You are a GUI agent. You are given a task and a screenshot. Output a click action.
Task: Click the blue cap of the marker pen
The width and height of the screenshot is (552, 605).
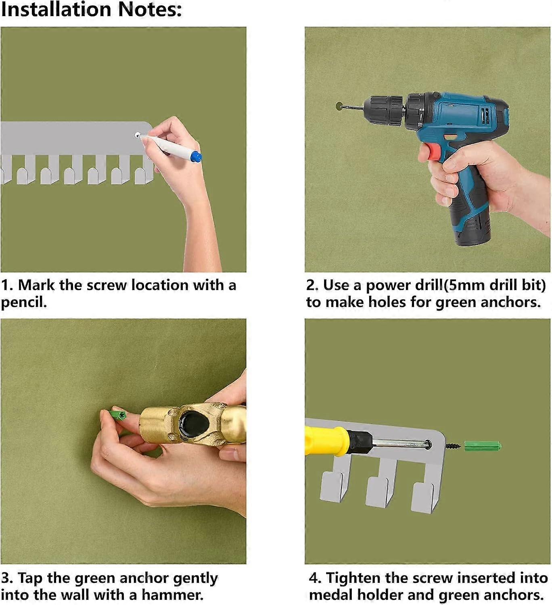point(196,156)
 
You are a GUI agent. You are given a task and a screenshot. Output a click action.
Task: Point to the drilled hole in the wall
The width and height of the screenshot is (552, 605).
point(339,106)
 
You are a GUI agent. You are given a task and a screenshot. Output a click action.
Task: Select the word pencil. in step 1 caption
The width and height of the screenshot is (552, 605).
point(24,302)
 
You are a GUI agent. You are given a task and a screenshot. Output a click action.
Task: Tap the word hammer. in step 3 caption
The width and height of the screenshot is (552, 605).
point(173,595)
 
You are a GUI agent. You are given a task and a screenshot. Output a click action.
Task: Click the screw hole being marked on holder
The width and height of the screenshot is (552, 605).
point(138,135)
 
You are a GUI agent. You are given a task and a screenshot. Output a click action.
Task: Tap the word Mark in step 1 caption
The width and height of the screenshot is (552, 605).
point(37,285)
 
